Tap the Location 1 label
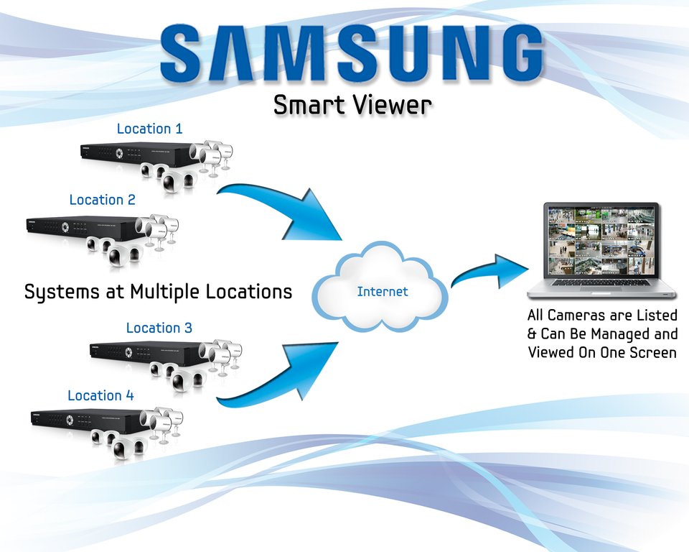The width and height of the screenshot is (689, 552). click(x=149, y=129)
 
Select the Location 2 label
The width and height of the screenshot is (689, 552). click(x=102, y=200)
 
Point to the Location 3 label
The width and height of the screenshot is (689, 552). click(x=159, y=328)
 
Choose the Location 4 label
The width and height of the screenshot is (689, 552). click(x=100, y=395)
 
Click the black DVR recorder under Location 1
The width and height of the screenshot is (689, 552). click(x=136, y=152)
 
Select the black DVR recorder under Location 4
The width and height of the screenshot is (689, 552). click(x=86, y=420)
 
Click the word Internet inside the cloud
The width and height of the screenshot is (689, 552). click(x=383, y=292)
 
